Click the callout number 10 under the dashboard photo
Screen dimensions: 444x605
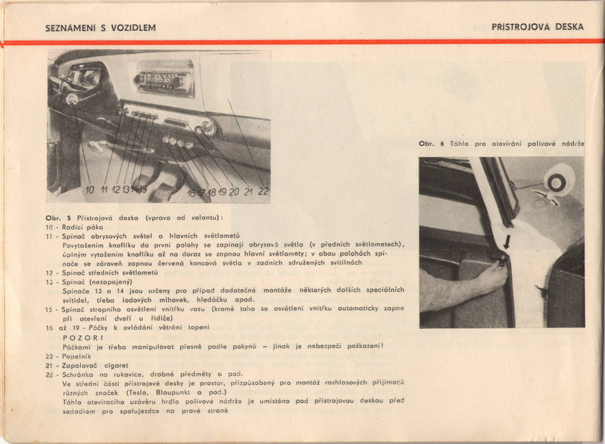point(89,191)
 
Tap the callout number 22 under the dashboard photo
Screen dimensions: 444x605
point(262,192)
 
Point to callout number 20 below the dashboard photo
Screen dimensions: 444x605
point(234,192)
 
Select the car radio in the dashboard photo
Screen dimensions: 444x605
point(165,79)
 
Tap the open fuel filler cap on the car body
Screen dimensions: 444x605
point(559,182)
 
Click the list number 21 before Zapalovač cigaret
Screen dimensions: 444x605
point(50,364)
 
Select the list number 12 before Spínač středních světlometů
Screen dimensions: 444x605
point(50,272)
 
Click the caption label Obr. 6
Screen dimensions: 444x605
point(431,143)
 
